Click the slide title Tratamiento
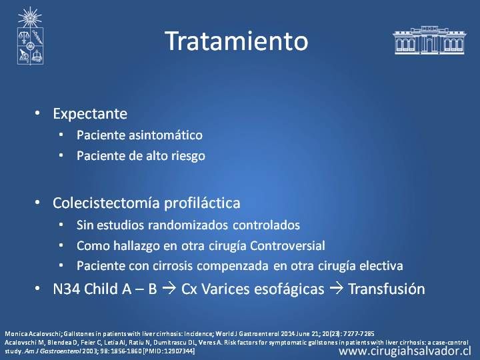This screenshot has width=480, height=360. click(236, 41)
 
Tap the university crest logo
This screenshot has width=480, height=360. click(30, 36)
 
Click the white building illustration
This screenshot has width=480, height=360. click(429, 40)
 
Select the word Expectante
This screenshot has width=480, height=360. click(90, 114)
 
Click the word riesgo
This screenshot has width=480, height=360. click(188, 156)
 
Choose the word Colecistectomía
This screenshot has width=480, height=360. click(106, 203)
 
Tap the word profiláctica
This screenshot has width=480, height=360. click(202, 203)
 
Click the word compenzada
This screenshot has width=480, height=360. click(233, 266)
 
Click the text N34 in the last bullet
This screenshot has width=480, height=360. click(66, 289)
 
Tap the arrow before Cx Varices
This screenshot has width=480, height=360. click(169, 289)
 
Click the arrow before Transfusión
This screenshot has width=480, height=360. click(336, 289)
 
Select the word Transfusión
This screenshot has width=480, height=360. click(387, 289)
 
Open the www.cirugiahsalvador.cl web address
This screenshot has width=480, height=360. click(405, 351)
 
